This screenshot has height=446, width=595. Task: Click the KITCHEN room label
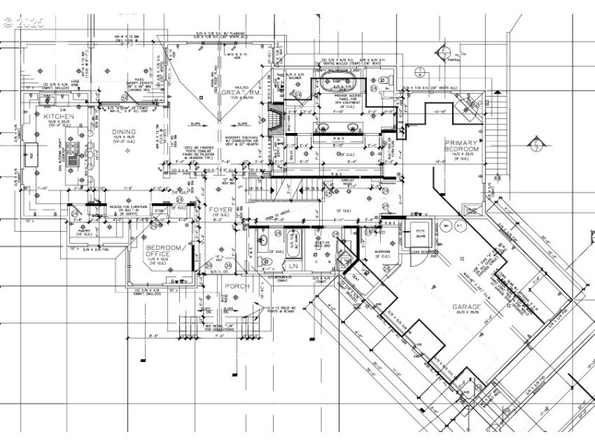[x=58, y=117]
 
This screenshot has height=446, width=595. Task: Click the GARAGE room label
[x=467, y=306]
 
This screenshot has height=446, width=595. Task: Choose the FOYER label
[x=221, y=210]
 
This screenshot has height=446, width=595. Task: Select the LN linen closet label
[x=293, y=265]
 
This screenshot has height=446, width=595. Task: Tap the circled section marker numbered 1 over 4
[x=419, y=73]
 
